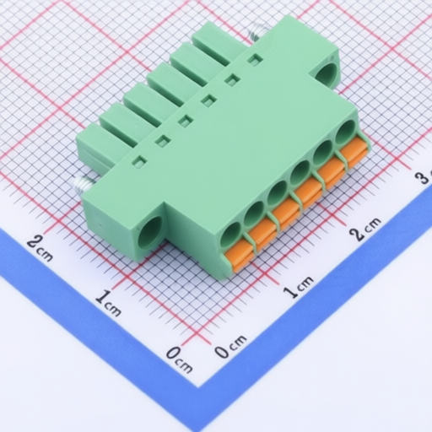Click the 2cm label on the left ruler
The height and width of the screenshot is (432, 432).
click(x=40, y=248)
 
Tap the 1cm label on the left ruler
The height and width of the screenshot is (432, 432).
click(x=108, y=303)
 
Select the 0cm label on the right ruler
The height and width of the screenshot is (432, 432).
click(x=230, y=346)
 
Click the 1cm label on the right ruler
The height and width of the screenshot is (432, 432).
click(x=298, y=286)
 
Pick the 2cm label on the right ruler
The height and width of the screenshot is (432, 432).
click(x=365, y=229)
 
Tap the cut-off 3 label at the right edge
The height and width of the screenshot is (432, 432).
click(x=424, y=177)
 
